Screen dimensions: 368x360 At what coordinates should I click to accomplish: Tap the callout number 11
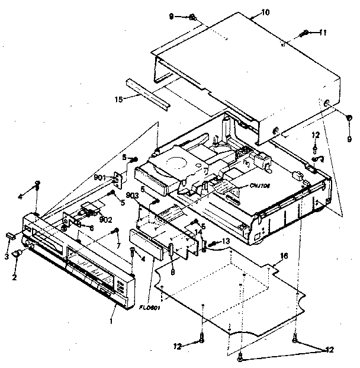tap(323, 33)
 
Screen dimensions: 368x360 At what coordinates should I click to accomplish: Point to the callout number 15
tap(118, 99)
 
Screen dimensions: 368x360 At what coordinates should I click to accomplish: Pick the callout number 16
tap(284, 255)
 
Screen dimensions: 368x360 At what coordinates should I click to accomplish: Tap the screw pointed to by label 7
tap(118, 232)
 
